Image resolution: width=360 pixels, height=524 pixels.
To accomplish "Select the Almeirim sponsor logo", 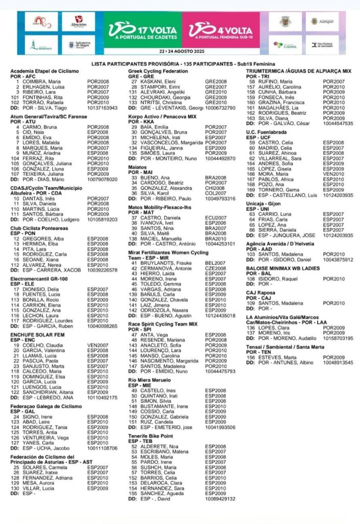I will [79, 22].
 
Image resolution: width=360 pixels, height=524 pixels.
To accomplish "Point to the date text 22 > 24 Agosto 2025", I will [181, 52].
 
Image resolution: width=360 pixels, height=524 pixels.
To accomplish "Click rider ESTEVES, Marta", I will [277, 357].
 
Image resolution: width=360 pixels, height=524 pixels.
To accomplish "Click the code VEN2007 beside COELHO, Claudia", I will [97, 345].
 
